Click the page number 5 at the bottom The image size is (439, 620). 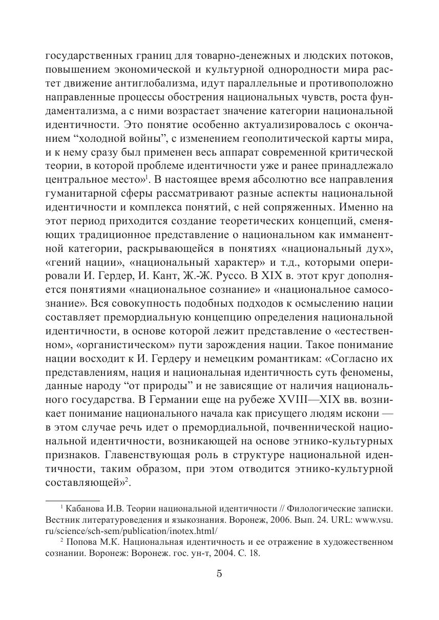[x=219, y=573]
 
